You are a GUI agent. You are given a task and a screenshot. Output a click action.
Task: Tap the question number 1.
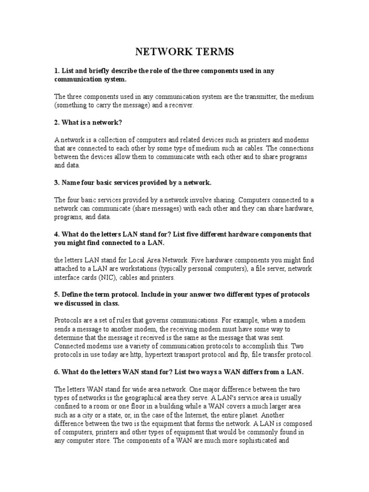(x=56, y=71)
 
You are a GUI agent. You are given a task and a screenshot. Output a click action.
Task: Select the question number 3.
(x=56, y=183)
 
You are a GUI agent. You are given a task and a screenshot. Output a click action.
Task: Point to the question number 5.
(x=56, y=294)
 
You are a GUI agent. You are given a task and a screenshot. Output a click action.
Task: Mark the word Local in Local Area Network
(x=144, y=260)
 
